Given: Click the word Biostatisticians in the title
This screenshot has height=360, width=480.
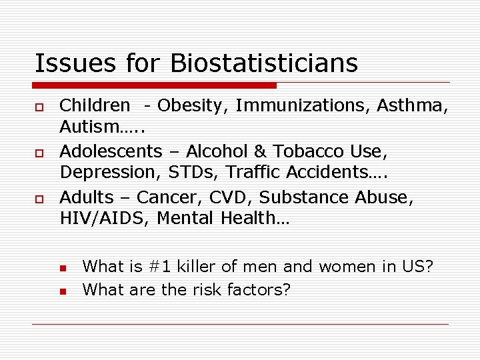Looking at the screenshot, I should [x=264, y=63].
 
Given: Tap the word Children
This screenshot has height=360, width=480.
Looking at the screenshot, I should [x=95, y=105].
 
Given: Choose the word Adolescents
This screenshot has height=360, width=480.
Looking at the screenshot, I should [x=111, y=151].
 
